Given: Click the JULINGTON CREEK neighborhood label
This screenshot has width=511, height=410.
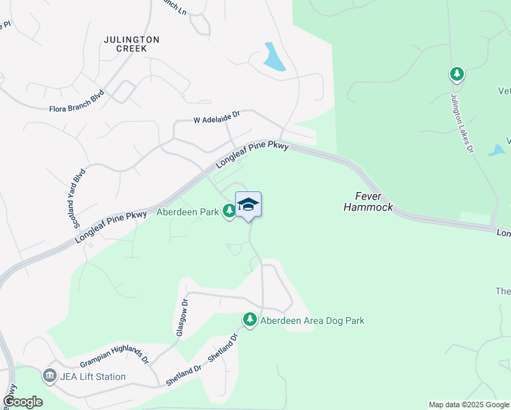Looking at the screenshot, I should pyautogui.click(x=131, y=44).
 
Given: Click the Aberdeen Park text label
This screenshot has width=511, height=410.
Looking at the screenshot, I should pyautogui.click(x=187, y=212).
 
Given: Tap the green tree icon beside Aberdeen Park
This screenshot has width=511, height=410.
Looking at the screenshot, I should pyautogui.click(x=230, y=212).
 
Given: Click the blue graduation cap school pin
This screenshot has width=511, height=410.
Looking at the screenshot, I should pyautogui.click(x=249, y=204).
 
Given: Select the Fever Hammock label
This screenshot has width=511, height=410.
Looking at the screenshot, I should pyautogui.click(x=368, y=201).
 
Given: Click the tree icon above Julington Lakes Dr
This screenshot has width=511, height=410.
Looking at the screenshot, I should pyautogui.click(x=456, y=74).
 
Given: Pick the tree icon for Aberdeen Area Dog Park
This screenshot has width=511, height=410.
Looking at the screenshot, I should pyautogui.click(x=250, y=319).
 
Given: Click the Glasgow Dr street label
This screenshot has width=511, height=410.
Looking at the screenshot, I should pyautogui.click(x=182, y=317).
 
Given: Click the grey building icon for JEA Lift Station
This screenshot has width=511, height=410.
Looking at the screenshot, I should pyautogui.click(x=49, y=376).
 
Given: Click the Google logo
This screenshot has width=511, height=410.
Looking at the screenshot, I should pyautogui.click(x=23, y=402).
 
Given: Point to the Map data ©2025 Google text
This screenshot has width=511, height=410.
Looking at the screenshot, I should pyautogui.click(x=468, y=405).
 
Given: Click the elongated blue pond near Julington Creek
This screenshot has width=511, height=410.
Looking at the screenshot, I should pyautogui.click(x=275, y=57).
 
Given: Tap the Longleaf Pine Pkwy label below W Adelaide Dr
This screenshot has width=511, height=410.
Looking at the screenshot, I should pyautogui.click(x=253, y=154).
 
